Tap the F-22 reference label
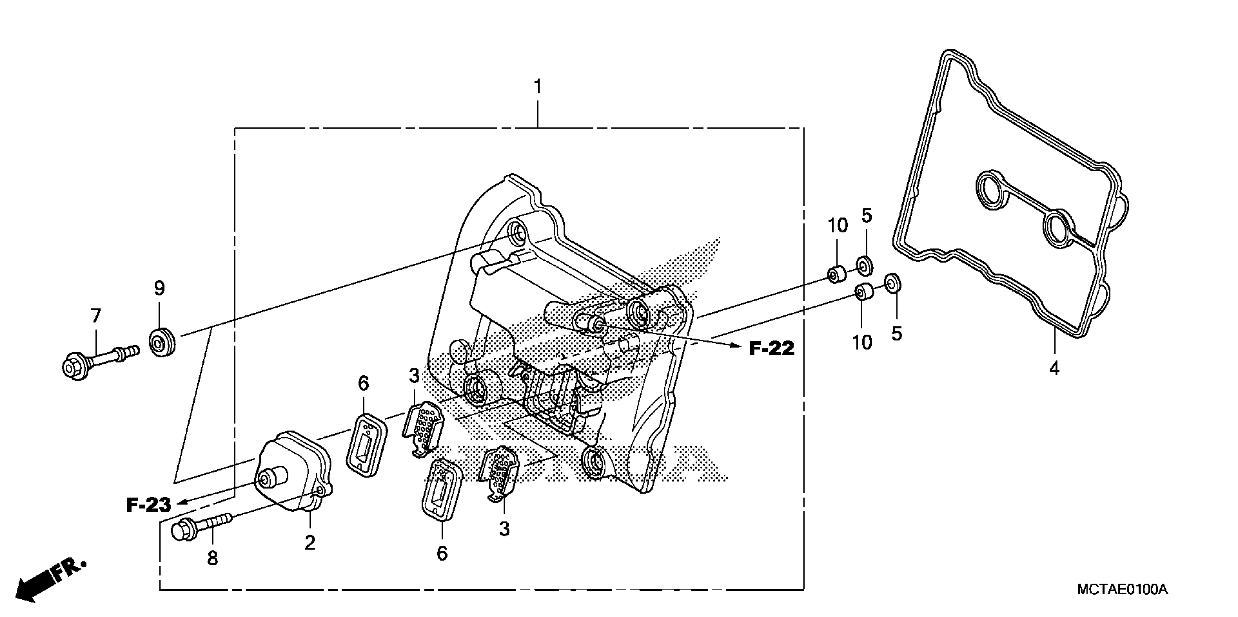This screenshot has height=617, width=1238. coord(772,348)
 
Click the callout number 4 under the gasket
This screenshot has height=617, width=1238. coord(1054,369)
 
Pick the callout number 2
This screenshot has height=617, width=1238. coord(310,543)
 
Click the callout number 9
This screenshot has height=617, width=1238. coord(159,288)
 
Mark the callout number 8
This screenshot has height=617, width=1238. coord(213,559)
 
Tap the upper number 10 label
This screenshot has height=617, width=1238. coord(838,225)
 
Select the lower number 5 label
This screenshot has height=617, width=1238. coord(897,333)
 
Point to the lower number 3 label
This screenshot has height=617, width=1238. coord(504,529)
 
